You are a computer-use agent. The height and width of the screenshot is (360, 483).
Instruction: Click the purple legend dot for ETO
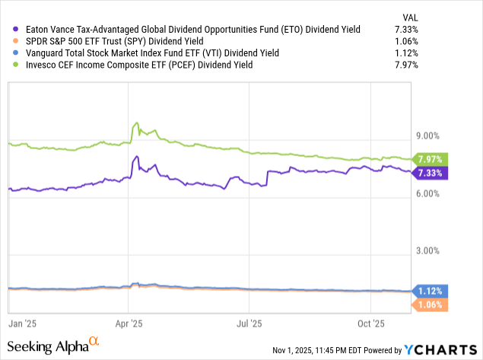[15, 29]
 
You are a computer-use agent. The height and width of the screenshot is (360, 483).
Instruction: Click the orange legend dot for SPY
[15, 40]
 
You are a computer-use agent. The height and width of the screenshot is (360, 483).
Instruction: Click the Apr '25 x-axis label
[130, 323]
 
